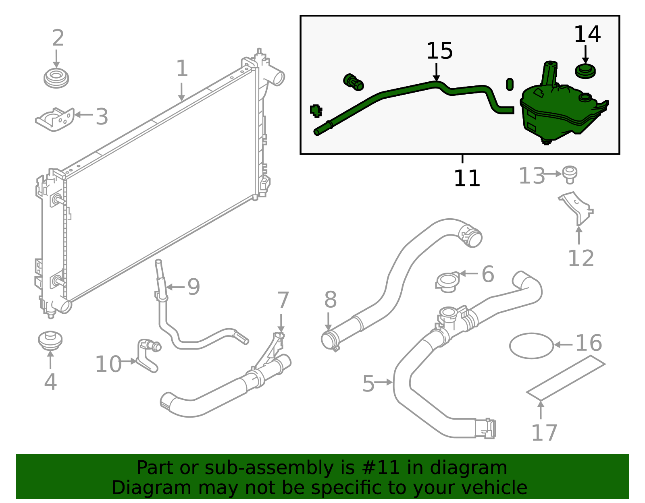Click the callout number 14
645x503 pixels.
point(587,34)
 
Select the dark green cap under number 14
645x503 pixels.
point(585,72)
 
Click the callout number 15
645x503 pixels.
point(439,51)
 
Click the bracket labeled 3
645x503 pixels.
point(56,119)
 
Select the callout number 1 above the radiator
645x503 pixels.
point(182,69)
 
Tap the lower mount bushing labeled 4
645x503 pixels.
point(50,340)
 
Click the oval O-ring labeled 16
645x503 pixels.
point(531,346)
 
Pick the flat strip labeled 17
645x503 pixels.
point(565,378)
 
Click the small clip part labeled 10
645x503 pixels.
point(147,354)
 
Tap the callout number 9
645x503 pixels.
point(193,287)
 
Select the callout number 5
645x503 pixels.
point(368,384)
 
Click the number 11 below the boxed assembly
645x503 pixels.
point(467,178)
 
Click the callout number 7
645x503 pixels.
point(283,300)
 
